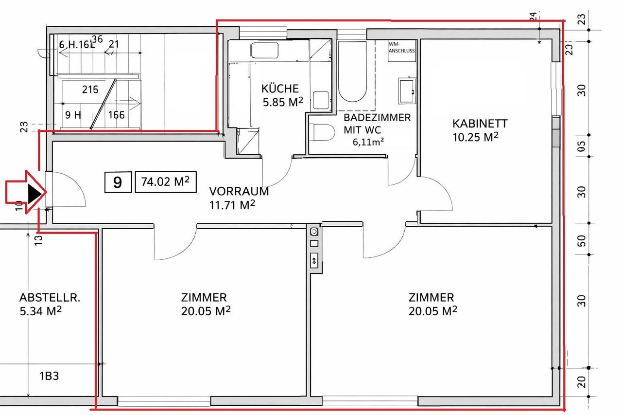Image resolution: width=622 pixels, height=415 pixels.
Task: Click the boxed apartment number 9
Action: [118, 182]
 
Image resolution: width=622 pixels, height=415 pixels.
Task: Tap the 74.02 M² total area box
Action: [166, 182]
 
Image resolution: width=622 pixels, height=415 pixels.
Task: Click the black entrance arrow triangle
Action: [36, 192]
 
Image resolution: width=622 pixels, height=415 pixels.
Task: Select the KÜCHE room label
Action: [280, 89]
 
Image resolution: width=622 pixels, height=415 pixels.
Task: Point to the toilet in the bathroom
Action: [322, 133]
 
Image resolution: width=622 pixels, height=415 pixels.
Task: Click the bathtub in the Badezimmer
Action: [352, 72]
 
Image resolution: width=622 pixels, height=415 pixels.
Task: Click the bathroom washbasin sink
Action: [407, 91]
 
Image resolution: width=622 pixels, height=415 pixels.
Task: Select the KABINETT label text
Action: [480, 124]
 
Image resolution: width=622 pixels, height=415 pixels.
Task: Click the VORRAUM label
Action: [239, 192]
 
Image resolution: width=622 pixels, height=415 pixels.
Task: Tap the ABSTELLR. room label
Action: [50, 298]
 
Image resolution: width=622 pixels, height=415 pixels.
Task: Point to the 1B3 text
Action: [49, 376]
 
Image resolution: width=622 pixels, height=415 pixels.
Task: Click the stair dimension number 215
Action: [90, 90]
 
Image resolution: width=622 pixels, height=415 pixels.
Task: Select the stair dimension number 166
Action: [116, 115]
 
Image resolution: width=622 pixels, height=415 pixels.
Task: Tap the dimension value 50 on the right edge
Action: [582, 241]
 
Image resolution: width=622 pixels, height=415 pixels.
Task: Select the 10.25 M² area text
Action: [475, 137]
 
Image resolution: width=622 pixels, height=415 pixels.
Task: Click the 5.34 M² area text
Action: [40, 311]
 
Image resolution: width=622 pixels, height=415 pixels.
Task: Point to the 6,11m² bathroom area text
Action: [368, 142]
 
